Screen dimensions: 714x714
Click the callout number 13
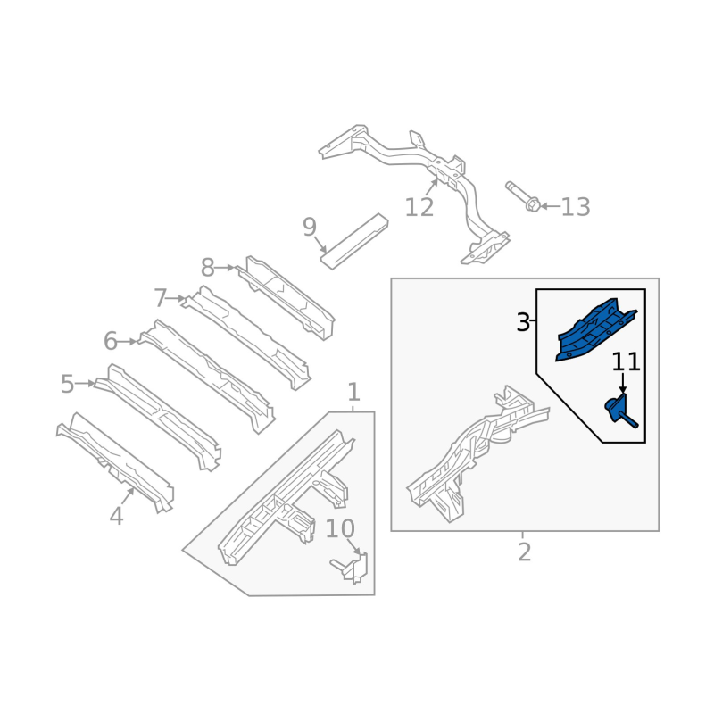pos(576,207)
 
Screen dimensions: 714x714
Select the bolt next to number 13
pos(523,196)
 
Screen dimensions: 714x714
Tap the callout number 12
pos(419,208)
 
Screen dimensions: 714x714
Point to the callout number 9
pos(310,227)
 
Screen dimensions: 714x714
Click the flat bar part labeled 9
pos(354,241)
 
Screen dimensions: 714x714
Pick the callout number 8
pos(208,268)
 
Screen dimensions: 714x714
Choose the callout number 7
pos(161,298)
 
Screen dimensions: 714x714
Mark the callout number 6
pos(111,341)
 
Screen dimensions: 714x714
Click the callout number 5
pos(68,384)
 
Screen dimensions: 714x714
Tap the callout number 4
pos(117,517)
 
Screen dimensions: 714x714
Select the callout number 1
pos(353,392)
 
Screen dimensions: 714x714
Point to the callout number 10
pos(340,528)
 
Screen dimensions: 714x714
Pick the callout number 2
pos(525,552)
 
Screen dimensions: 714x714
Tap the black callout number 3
pos(523,322)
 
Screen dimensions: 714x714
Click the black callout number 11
pos(626,362)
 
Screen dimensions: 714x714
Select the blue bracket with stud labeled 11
pos(620,411)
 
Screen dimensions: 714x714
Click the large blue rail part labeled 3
pos(594,329)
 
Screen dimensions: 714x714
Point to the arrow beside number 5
pos(85,384)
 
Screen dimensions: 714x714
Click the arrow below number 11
pos(623,383)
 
